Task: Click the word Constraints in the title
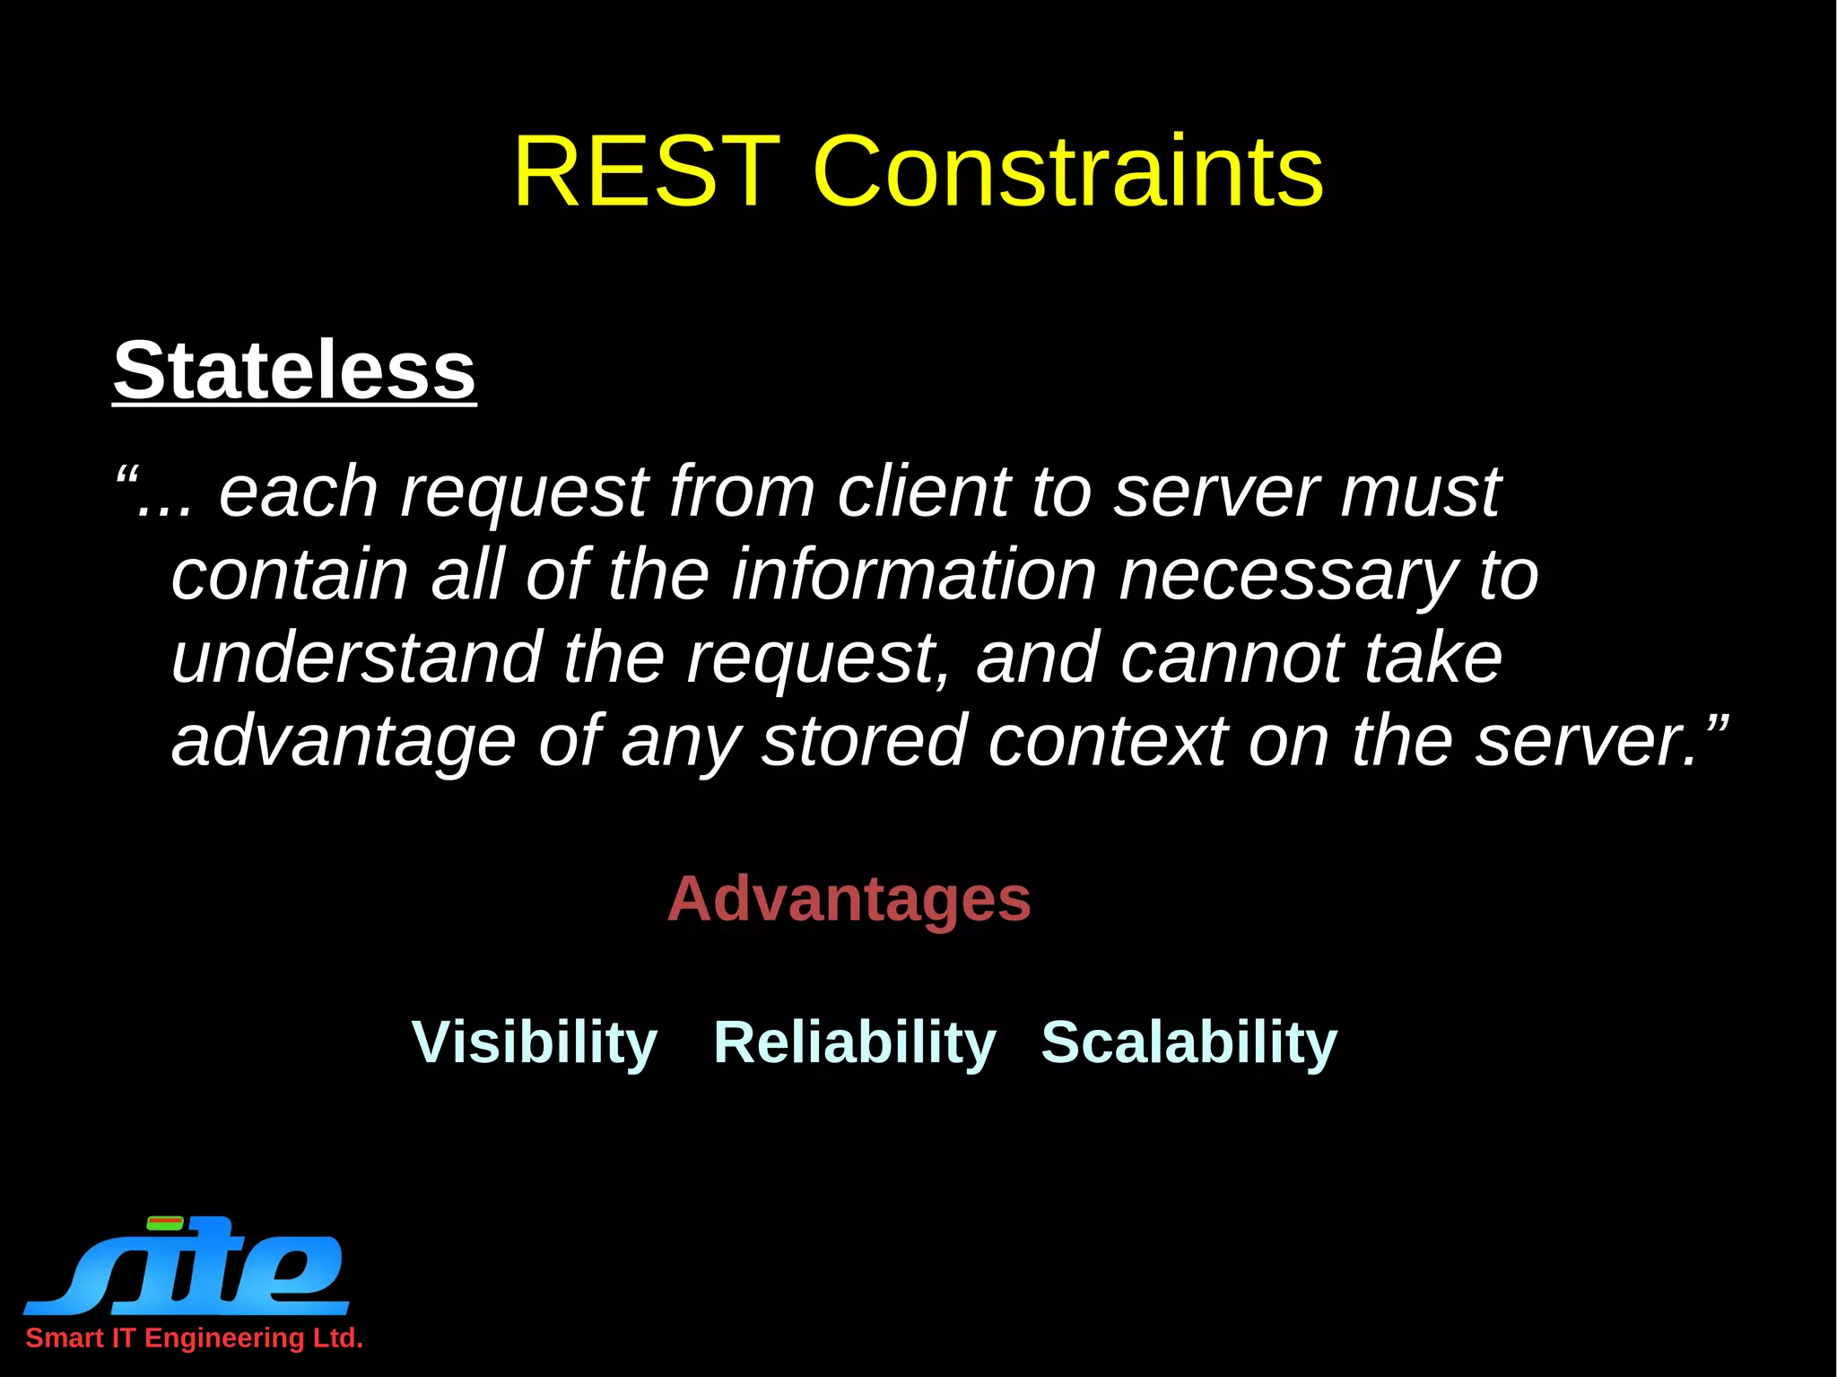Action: (1067, 171)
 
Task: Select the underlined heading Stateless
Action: (294, 370)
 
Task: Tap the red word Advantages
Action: (849, 899)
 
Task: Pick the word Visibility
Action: (535, 1042)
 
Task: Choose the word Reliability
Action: (854, 1042)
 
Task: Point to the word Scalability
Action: (1188, 1042)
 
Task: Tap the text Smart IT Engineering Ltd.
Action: (194, 1338)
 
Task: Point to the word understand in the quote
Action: (357, 658)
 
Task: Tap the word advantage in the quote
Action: (344, 741)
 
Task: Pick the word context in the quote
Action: (1107, 741)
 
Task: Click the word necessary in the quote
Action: (1288, 575)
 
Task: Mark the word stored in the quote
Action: (864, 741)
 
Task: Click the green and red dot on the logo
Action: (165, 1223)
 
